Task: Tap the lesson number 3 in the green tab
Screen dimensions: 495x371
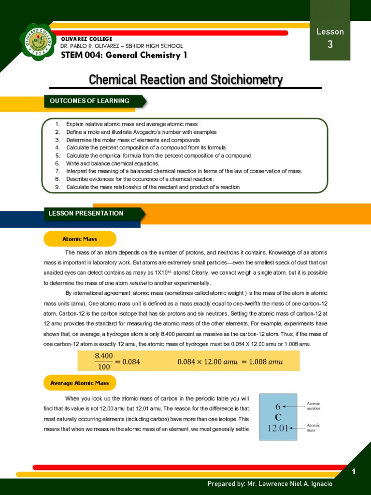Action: coord(330,45)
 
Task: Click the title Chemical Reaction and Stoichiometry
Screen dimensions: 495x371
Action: coord(185,80)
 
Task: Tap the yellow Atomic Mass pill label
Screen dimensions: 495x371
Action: coord(80,239)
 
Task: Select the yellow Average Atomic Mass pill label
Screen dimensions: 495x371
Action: coord(80,383)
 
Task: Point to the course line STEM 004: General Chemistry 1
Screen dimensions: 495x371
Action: coord(124,55)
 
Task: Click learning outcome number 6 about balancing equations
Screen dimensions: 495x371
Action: coord(113,163)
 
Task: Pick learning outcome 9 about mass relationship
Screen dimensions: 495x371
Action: coord(153,187)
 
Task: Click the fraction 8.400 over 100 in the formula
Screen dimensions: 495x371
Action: coord(104,361)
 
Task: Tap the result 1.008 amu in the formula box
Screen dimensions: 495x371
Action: coord(264,362)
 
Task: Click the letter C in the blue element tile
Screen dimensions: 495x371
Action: coord(278,417)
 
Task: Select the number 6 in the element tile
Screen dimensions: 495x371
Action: coord(278,407)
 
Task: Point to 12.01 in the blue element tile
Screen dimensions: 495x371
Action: coord(278,427)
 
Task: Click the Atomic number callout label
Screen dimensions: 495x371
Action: coord(314,406)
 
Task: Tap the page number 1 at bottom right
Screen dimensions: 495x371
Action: coord(354,472)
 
